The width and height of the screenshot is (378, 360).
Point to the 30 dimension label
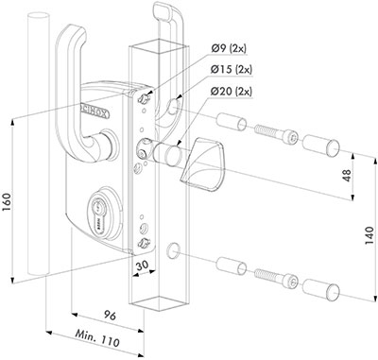click(x=142, y=266)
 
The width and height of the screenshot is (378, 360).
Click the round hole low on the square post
click(x=175, y=251)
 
